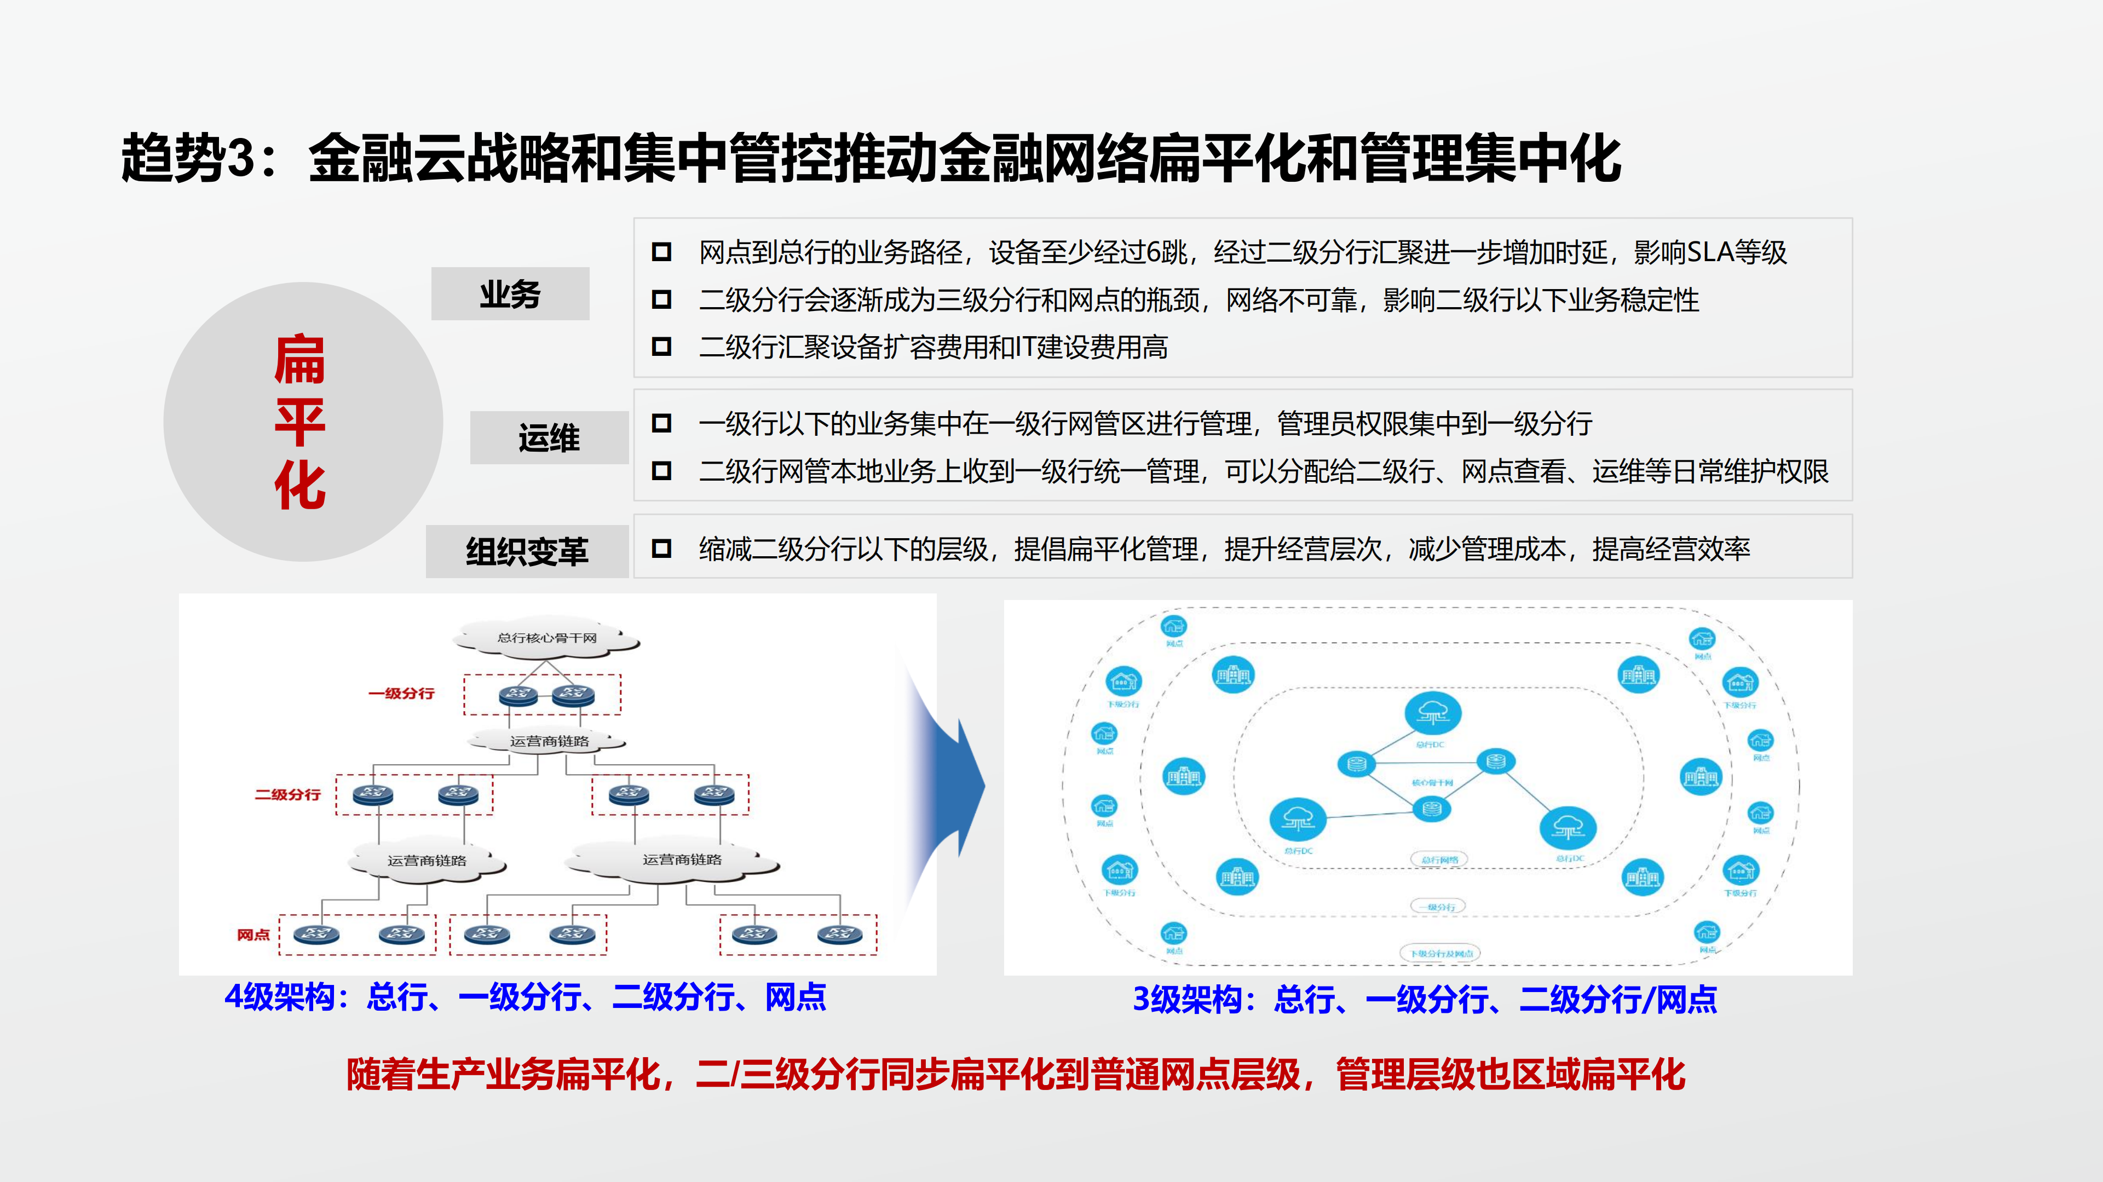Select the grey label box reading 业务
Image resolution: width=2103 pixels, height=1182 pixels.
(510, 294)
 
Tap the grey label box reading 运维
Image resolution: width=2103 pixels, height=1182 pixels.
(549, 439)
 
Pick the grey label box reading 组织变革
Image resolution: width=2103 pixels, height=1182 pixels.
(527, 552)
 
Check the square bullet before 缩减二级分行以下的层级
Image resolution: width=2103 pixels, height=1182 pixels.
(661, 549)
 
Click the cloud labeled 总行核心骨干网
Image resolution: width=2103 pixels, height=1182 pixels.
(547, 637)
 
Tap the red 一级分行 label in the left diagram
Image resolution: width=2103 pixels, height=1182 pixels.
(401, 694)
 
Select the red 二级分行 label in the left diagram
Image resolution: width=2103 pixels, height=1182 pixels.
(287, 794)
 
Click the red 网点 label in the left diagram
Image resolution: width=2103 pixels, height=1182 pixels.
(253, 935)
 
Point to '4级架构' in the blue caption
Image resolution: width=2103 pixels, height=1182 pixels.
(279, 997)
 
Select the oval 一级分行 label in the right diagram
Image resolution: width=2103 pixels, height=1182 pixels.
(1438, 907)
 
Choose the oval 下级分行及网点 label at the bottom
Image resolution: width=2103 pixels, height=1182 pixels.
(1441, 954)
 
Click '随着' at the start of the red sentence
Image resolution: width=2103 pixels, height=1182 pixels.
(381, 1074)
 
